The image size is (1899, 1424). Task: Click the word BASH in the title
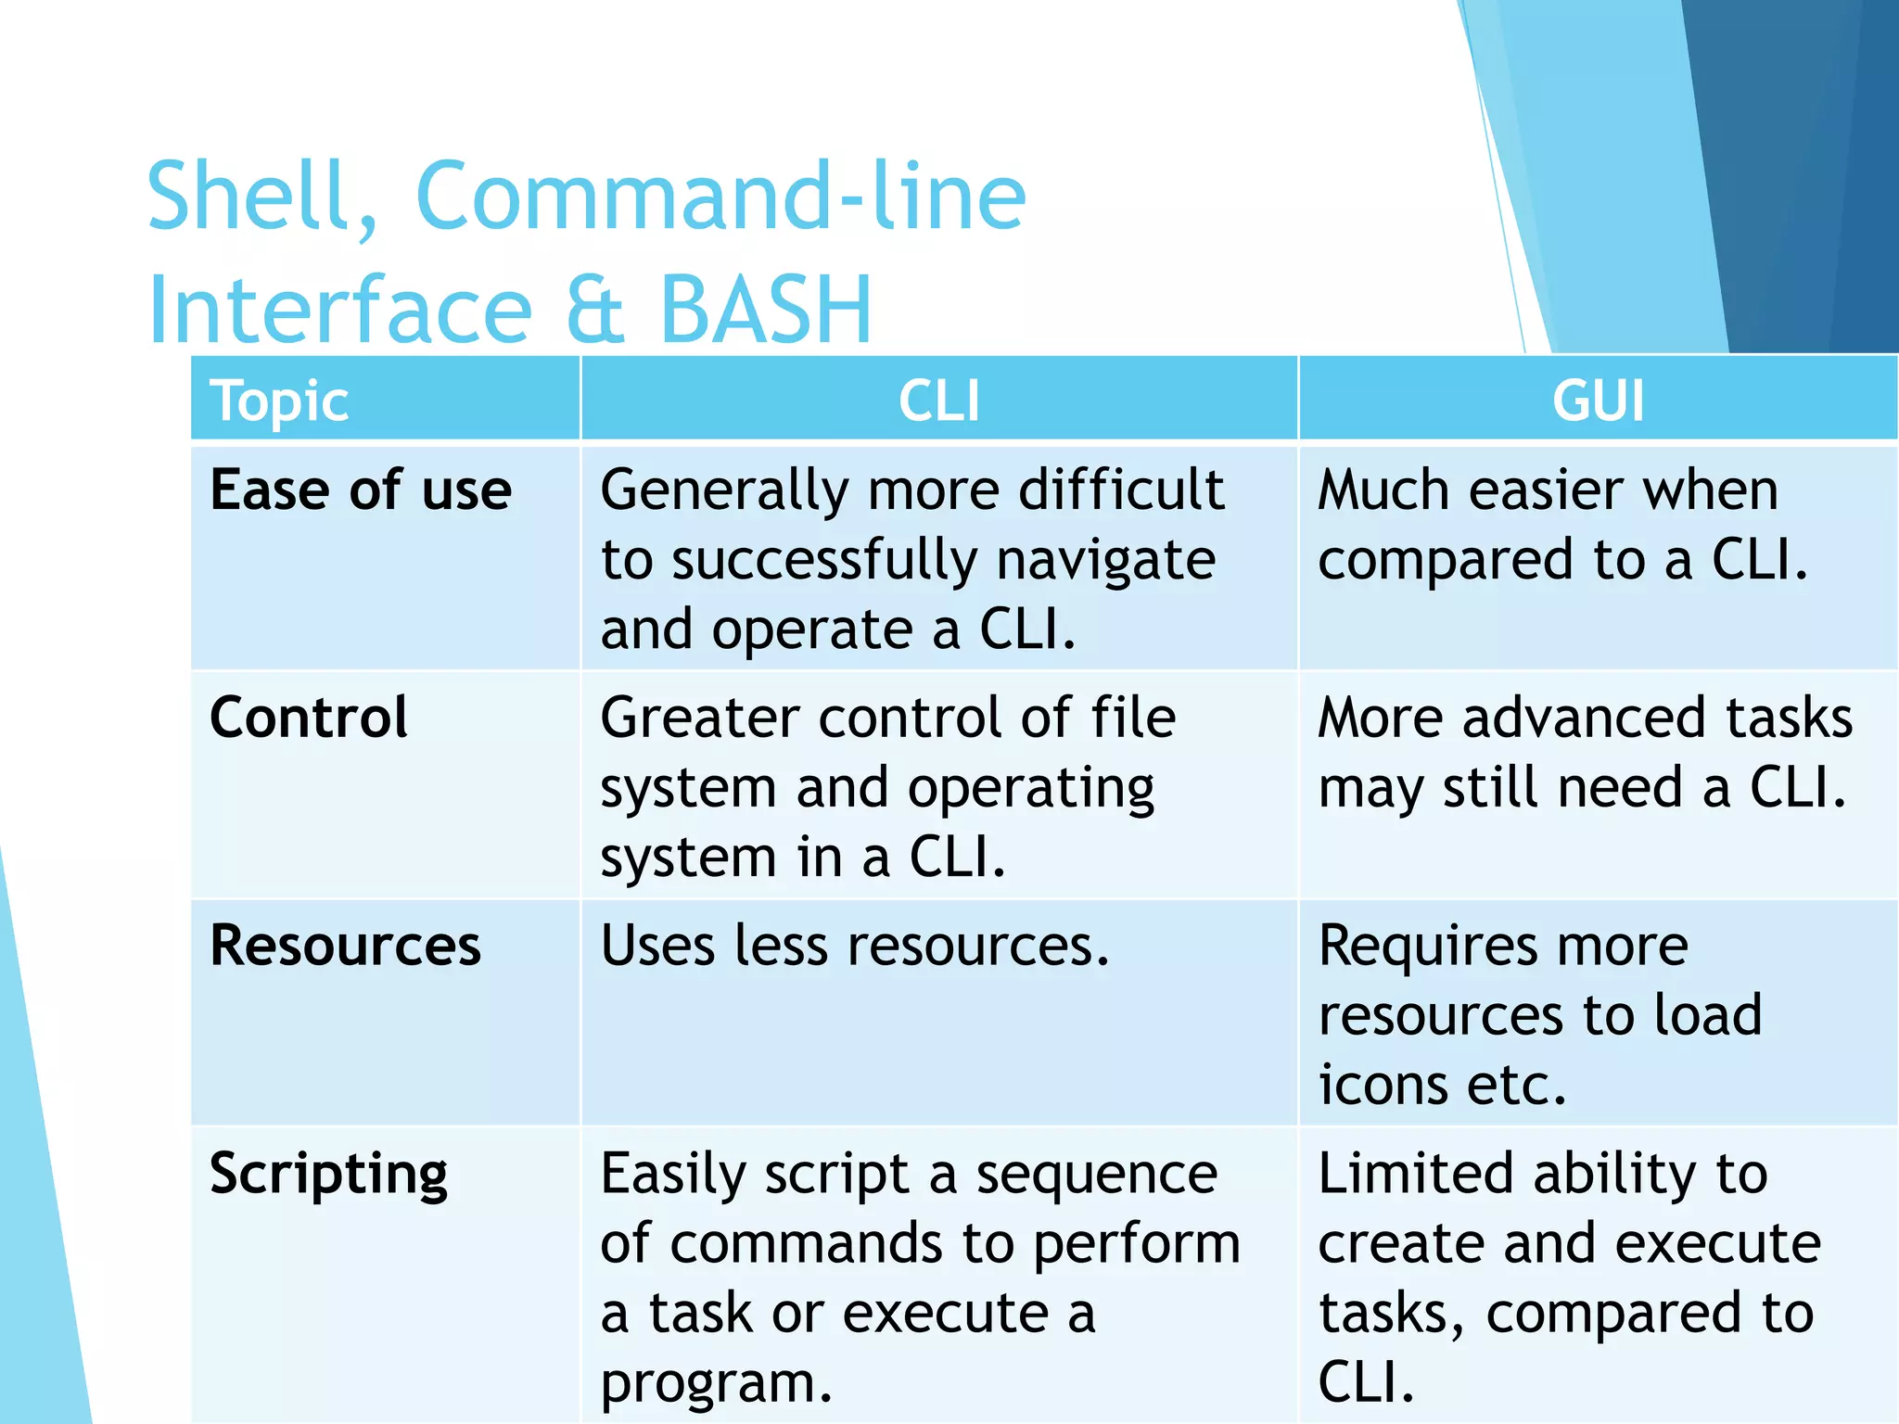(x=765, y=310)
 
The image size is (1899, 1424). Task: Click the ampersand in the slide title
(x=594, y=310)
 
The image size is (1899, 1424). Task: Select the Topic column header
(x=279, y=400)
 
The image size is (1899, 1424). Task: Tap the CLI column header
(x=938, y=400)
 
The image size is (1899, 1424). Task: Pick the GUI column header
(x=1598, y=400)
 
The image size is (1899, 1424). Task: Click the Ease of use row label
(x=361, y=489)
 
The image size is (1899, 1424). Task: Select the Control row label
(x=309, y=718)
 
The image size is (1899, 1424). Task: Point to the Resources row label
(x=345, y=946)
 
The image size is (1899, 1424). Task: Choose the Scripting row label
(x=329, y=1175)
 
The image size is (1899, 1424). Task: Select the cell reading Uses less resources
(x=854, y=947)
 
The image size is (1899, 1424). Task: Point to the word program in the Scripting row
(x=715, y=1384)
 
